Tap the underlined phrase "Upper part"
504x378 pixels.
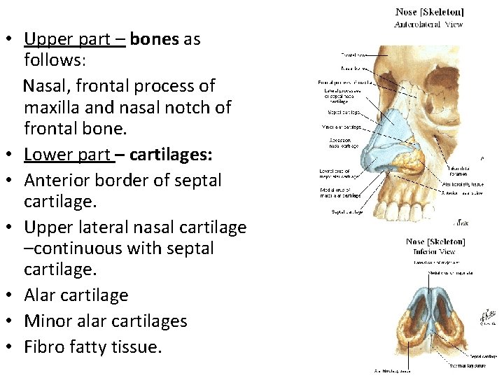pyautogui.click(x=75, y=39)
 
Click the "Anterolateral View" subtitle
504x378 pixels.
pyautogui.click(x=428, y=24)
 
